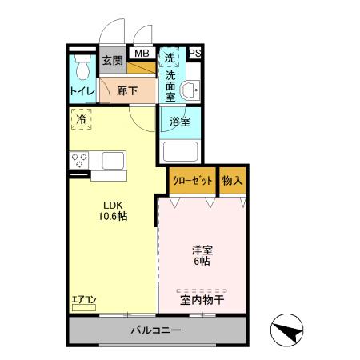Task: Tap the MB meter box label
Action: click(x=142, y=54)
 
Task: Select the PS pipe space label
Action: click(x=195, y=54)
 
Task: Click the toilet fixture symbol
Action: click(x=81, y=67)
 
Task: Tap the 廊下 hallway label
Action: click(x=126, y=91)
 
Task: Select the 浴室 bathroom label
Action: click(x=180, y=122)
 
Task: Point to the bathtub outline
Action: click(x=181, y=151)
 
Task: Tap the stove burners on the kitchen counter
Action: click(x=79, y=160)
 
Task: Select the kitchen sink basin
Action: click(x=110, y=160)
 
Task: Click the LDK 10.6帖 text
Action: click(x=112, y=210)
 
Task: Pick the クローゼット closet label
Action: click(x=193, y=181)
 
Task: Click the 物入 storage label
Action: click(x=232, y=181)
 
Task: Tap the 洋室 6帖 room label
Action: click(x=201, y=254)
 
